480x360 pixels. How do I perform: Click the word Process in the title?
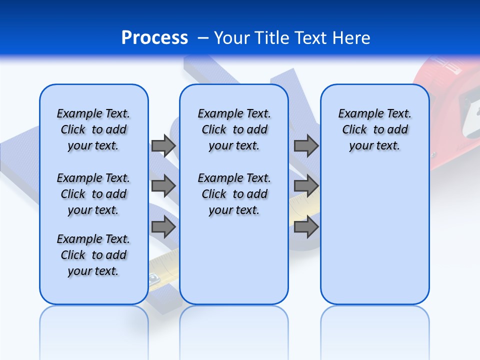[x=154, y=37]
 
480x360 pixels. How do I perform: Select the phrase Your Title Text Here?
[x=292, y=37]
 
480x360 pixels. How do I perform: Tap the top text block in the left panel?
[x=93, y=129]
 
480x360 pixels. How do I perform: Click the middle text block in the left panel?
[x=93, y=194]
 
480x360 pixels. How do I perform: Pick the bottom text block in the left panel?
[x=93, y=255]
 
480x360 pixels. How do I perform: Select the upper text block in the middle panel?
[x=234, y=129]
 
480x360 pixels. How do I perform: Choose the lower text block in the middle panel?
[x=234, y=194]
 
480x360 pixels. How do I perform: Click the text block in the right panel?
[x=374, y=129]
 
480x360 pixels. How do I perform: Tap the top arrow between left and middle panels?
[x=163, y=145]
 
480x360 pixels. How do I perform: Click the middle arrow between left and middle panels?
[x=163, y=186]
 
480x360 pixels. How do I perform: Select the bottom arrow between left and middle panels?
[x=163, y=227]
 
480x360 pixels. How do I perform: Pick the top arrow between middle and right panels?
[x=306, y=145]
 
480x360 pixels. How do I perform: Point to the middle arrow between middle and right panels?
[x=306, y=186]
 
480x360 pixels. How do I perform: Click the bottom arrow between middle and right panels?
[x=306, y=227]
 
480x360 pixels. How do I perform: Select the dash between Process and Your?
[x=203, y=37]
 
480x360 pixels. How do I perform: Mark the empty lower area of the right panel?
[x=374, y=240]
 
